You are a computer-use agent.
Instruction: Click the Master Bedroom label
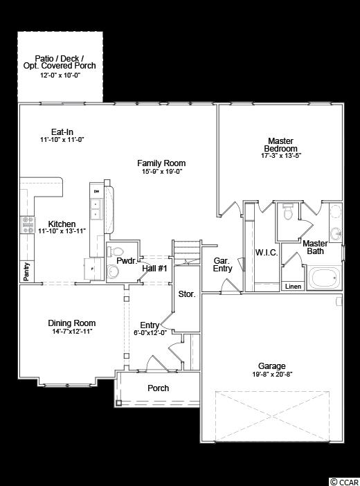(281, 145)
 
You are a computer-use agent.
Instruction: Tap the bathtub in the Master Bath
(325, 278)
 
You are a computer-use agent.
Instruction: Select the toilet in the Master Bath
(288, 211)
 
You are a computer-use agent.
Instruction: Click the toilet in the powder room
(116, 251)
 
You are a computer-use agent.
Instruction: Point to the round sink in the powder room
(113, 272)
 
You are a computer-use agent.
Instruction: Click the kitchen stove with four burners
(28, 225)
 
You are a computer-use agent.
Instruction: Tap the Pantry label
(27, 272)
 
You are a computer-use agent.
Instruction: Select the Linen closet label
(293, 287)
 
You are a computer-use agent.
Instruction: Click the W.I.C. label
(267, 253)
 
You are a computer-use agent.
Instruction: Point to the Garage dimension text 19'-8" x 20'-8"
(272, 374)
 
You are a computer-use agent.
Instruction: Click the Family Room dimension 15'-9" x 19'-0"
(162, 172)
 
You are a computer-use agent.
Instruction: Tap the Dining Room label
(71, 323)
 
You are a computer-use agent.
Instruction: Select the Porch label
(158, 388)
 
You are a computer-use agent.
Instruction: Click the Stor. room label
(187, 294)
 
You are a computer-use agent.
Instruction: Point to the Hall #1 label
(154, 268)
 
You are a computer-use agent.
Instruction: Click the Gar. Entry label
(223, 264)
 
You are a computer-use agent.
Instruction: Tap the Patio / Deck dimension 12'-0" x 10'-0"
(60, 75)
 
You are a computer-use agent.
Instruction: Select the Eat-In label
(62, 132)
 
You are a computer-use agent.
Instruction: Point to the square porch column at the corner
(119, 403)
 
